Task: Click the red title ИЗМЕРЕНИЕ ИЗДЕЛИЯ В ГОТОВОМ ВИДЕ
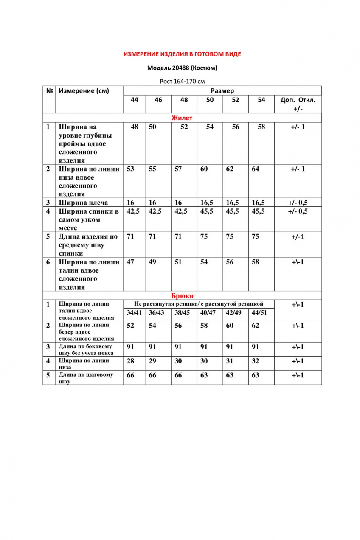[182, 54]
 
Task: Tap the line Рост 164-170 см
[182, 81]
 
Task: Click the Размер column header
[222, 91]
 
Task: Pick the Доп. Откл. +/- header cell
[298, 104]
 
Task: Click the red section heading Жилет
[182, 118]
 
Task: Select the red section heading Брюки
[182, 296]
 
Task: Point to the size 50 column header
[210, 100]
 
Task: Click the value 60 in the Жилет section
[204, 169]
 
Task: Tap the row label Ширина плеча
[83, 203]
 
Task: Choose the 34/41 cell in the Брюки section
[135, 313]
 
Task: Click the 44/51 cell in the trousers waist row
[259, 313]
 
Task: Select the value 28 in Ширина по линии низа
[130, 361]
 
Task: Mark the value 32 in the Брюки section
[255, 361]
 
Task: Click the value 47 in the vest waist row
[130, 262]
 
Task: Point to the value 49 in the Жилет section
[152, 262]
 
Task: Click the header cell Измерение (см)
[84, 91]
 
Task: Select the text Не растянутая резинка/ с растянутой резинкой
[199, 304]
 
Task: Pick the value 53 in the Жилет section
[130, 169]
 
